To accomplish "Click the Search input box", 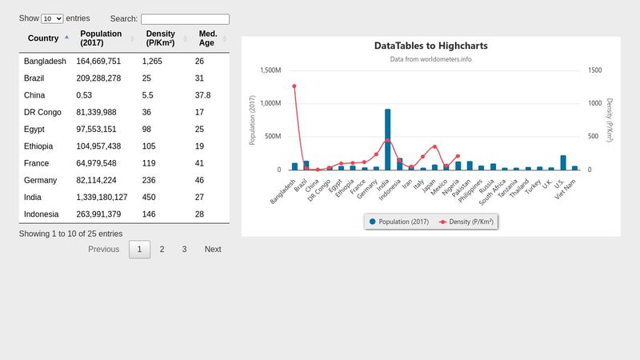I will [x=185, y=19].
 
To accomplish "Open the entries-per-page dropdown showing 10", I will [x=52, y=18].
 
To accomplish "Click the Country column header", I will [x=43, y=38].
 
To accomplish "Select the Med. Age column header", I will [x=208, y=38].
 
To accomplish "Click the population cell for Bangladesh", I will [x=98, y=62].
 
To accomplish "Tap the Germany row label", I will [x=41, y=181].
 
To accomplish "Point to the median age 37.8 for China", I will [x=203, y=96].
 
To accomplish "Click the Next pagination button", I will [x=213, y=250].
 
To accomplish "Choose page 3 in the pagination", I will [x=184, y=250].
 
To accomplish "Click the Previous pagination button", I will [x=103, y=250].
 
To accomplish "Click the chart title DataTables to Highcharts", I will [x=430, y=46].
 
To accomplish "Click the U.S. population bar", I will [x=563, y=162].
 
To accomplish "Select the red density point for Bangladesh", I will [x=294, y=86].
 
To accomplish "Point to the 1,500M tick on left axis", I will [x=270, y=70].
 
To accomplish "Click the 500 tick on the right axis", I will [x=594, y=137].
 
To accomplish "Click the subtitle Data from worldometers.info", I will [x=430, y=59].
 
